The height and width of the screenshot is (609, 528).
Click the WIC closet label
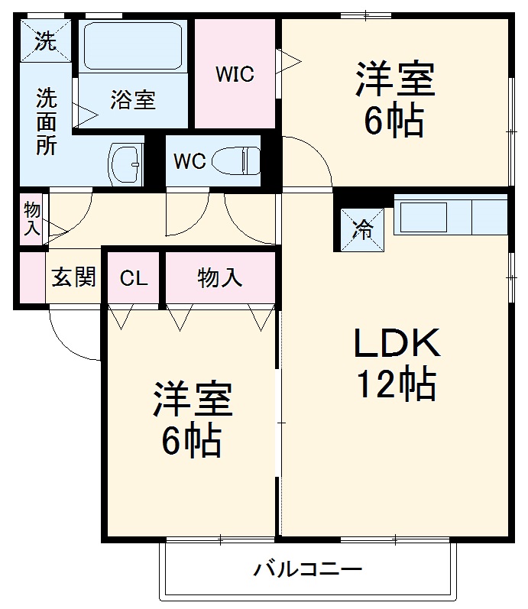pos(234,75)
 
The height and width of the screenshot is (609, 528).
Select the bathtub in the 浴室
pos(133,46)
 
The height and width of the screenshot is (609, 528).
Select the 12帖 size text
pos(396,385)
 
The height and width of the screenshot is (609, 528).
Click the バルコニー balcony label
pos(308,569)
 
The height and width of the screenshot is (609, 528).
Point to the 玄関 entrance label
pos(73,277)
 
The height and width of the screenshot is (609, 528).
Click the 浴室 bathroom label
pos(133,100)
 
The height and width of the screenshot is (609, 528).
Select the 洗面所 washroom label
pos(47,122)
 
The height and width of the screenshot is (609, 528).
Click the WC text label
pos(188,162)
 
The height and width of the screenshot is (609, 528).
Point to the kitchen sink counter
pos(449,217)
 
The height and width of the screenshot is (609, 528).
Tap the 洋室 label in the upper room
pos(394,79)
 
